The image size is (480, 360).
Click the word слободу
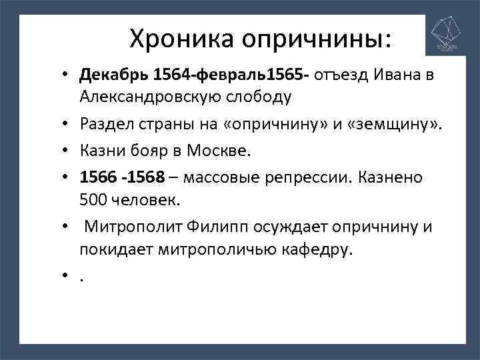257,97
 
